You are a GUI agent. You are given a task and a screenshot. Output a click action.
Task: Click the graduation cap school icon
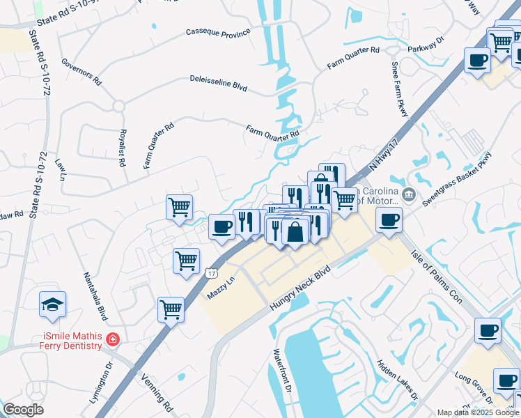click(53, 305)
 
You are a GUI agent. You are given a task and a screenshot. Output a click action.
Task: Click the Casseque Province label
click(217, 32)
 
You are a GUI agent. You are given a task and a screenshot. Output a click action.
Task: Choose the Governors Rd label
click(81, 72)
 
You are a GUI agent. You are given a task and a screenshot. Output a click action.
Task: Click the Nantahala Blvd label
click(96, 297)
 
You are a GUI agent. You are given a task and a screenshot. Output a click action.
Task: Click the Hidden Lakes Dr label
click(397, 380)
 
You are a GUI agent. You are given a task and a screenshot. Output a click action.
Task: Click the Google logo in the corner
click(24, 410)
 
